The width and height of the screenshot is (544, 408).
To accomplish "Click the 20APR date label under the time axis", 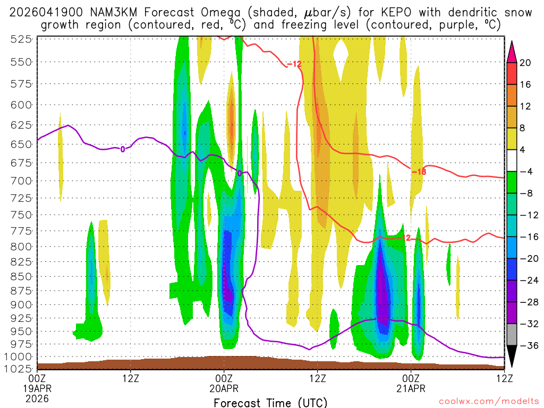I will [x=224, y=388].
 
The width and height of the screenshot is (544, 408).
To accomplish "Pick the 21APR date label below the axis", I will [x=411, y=388].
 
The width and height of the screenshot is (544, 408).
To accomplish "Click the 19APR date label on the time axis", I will [x=37, y=388].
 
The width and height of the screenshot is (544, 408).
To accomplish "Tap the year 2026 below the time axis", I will [x=37, y=398].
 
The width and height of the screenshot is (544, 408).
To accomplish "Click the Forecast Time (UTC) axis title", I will [x=270, y=402].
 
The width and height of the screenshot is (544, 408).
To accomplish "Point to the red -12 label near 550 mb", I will [x=294, y=64].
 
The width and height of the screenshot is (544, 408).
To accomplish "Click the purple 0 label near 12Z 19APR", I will [x=123, y=149].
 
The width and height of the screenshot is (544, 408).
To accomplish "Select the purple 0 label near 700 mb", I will [x=240, y=173].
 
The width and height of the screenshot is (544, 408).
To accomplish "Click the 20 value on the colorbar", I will [x=525, y=63].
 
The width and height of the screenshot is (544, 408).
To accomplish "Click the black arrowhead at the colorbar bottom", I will [x=512, y=356].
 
